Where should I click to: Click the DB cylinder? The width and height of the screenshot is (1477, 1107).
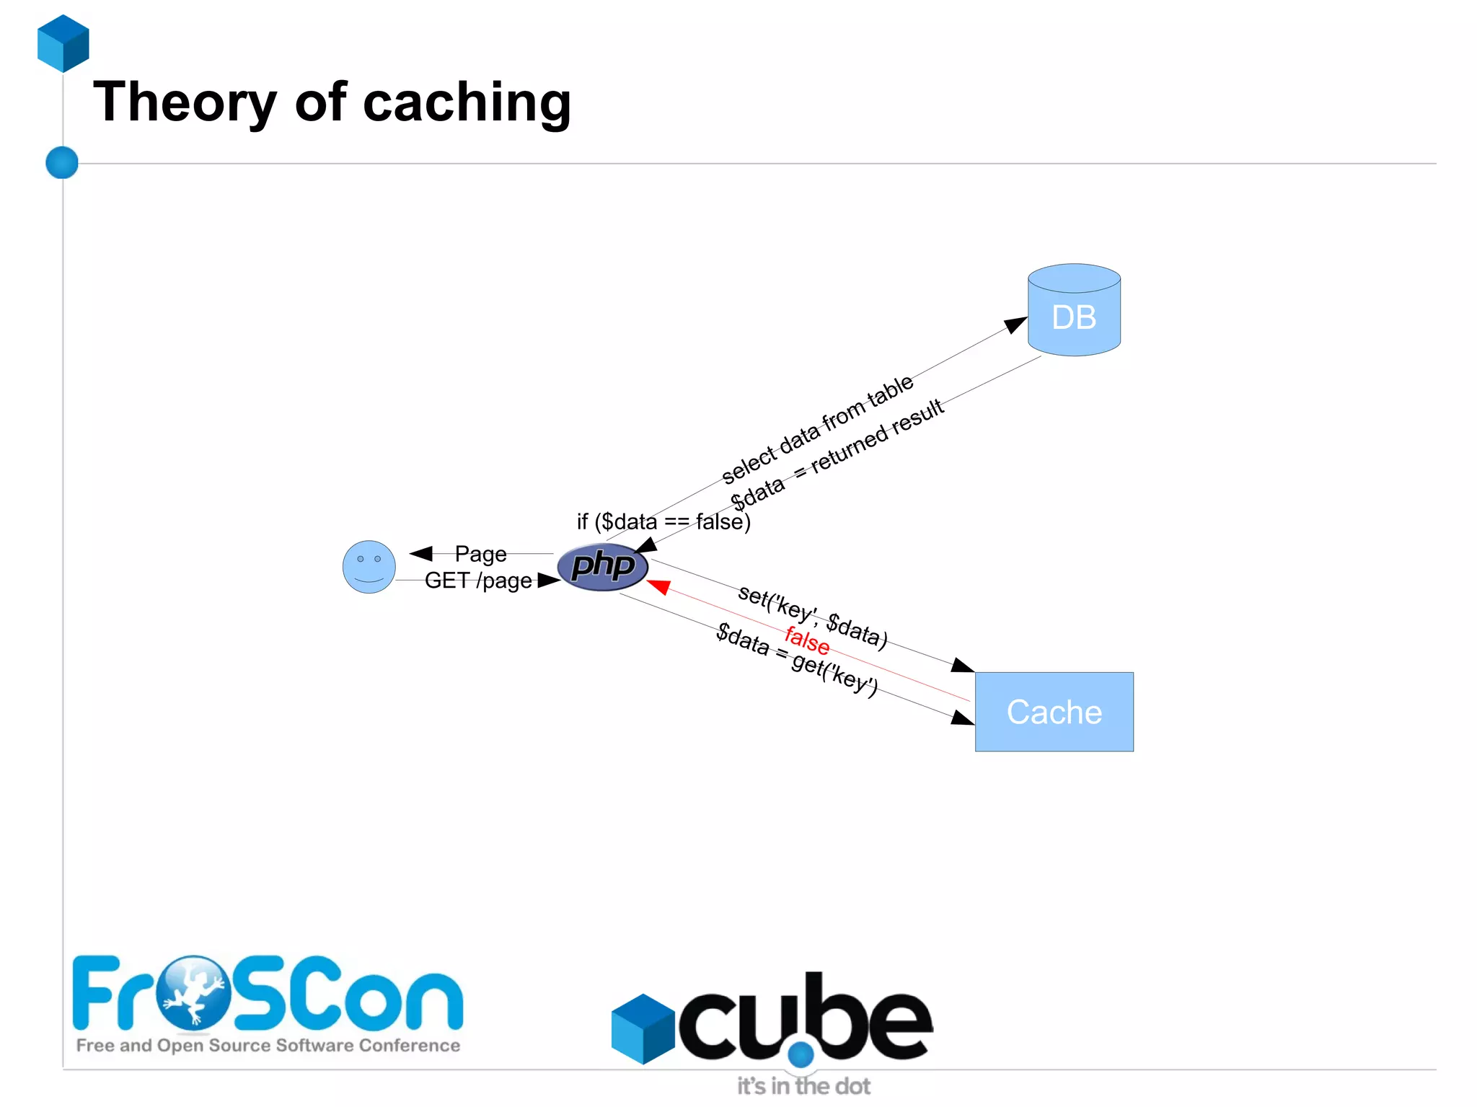[x=1074, y=311]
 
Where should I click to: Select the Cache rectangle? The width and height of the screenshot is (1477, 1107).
[x=1054, y=712]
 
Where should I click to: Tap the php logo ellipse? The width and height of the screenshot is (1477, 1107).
[x=603, y=566]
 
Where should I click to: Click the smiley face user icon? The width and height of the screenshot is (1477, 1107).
[x=369, y=567]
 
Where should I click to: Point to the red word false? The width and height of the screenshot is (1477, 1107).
[x=807, y=639]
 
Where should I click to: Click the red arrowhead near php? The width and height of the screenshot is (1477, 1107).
[x=658, y=586]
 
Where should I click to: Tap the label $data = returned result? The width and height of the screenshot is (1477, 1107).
[x=837, y=454]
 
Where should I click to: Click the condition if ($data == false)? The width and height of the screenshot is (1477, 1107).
[x=663, y=521]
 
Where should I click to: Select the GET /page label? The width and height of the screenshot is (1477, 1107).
[x=477, y=581]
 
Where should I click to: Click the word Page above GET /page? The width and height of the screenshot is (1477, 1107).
[x=480, y=554]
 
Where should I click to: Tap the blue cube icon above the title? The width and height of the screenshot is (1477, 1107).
[x=63, y=43]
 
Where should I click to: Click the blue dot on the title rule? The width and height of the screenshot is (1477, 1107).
[x=62, y=162]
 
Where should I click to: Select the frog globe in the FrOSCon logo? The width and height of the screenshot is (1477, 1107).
[x=193, y=992]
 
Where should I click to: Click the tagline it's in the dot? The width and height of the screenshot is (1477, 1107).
[x=803, y=1086]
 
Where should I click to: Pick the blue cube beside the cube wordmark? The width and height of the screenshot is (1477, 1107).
[x=643, y=1028]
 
